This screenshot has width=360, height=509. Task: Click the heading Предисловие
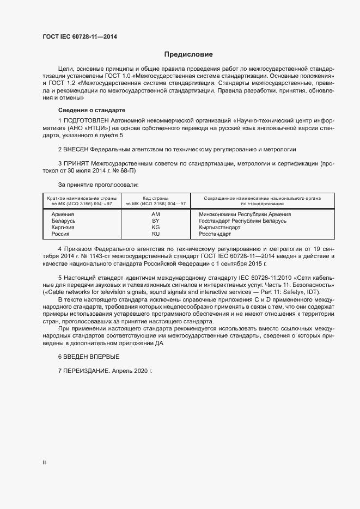coord(188,54)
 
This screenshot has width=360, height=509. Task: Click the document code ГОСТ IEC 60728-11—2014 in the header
coord(80,37)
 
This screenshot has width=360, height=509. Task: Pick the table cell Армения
coord(63,214)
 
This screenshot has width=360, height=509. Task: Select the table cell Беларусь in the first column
coord(63,221)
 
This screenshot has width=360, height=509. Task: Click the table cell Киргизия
coord(63,228)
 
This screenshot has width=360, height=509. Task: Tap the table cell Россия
coord(60,234)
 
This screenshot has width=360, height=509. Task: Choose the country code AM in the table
coord(155,214)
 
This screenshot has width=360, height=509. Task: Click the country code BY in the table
coord(155,221)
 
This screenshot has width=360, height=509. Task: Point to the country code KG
coord(155,228)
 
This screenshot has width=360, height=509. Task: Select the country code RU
coord(155,234)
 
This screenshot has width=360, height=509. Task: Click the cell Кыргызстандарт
coord(219,228)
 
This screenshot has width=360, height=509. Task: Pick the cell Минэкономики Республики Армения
coord(245,214)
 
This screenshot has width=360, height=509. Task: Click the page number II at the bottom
coord(44,463)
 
